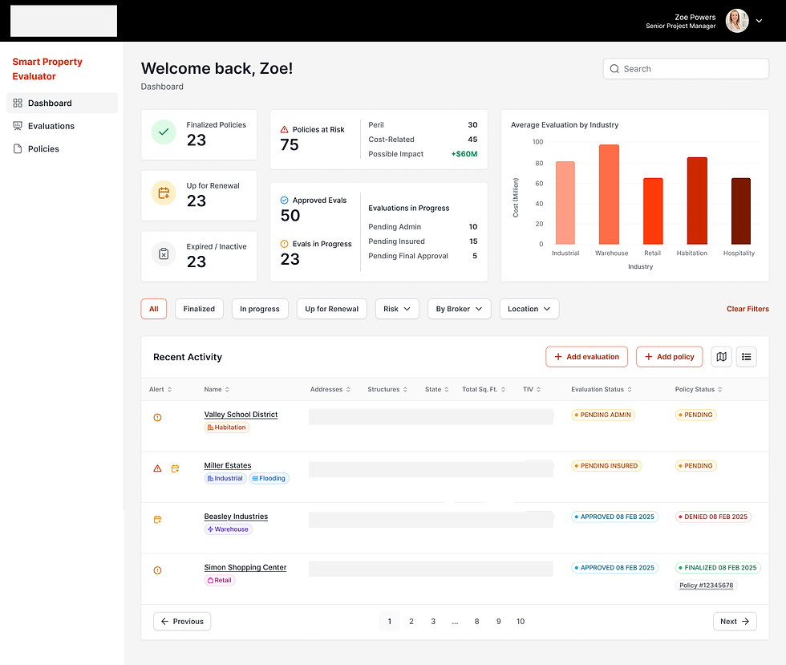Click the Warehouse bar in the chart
tap(609, 195)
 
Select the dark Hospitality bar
tap(741, 211)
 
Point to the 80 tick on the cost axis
tap(539, 163)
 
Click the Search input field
tap(686, 69)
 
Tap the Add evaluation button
tap(586, 357)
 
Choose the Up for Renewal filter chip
tap(332, 309)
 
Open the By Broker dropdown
tap(459, 309)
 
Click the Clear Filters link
tap(748, 309)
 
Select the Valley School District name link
tap(241, 415)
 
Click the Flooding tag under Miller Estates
tap(269, 478)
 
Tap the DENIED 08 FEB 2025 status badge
tap(713, 517)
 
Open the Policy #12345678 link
tap(707, 586)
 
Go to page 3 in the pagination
tap(433, 622)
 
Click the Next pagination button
tap(735, 622)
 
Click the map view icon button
tap(721, 357)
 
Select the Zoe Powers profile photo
tap(737, 21)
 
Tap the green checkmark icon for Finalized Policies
tap(164, 132)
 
